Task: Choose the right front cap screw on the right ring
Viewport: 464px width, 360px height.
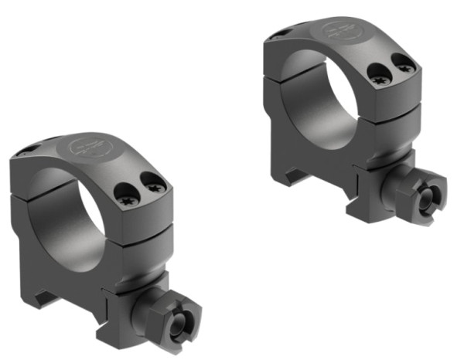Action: tap(402, 70)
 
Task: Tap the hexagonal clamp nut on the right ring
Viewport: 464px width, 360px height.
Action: tap(427, 198)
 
